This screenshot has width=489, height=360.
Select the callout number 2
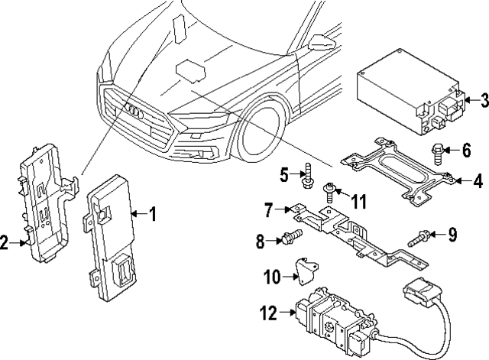click(6, 243)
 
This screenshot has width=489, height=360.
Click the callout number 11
click(358, 201)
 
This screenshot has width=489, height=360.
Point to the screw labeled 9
click(420, 235)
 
